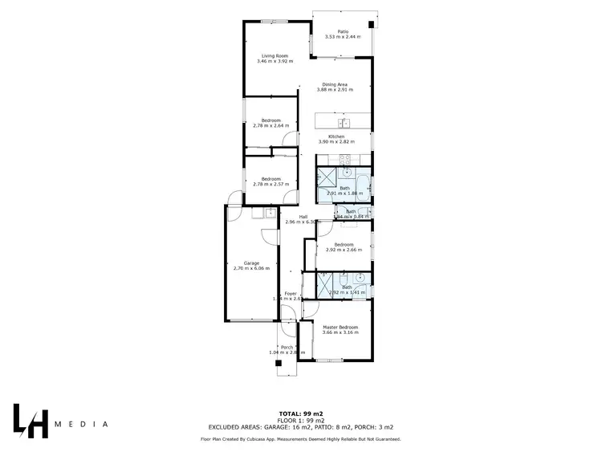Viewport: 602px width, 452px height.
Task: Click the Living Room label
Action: pos(275,55)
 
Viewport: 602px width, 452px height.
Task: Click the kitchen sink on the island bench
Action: pos(343,123)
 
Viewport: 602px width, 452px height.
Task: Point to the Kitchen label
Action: pos(336,136)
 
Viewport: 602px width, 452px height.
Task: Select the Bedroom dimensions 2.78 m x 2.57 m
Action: pos(270,185)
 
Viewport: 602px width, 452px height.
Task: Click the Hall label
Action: pos(304,216)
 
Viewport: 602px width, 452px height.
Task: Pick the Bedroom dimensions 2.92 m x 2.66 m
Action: pos(344,250)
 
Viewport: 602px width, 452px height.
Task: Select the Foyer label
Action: pos(291,294)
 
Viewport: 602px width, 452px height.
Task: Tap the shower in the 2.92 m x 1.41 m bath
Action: pos(325,283)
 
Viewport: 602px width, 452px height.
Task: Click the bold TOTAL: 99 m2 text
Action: pos(300,409)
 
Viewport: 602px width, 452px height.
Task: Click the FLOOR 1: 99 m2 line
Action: pos(300,421)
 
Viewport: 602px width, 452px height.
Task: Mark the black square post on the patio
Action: pos(370,25)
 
